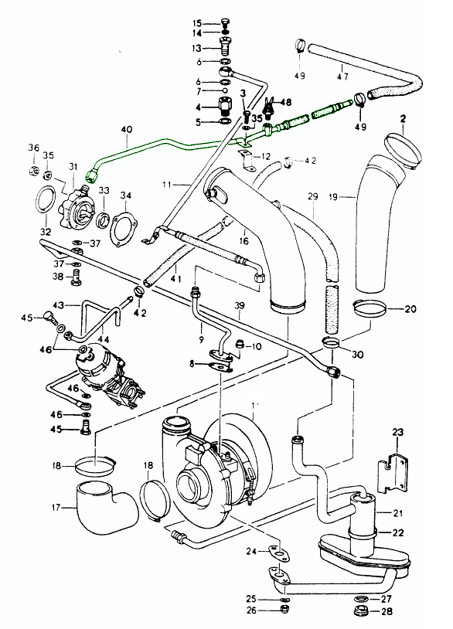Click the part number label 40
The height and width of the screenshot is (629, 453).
(126, 131)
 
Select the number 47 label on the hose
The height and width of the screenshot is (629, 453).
(342, 76)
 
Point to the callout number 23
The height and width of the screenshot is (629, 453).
(397, 432)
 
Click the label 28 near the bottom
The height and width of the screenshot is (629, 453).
(386, 612)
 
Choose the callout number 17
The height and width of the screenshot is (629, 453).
(56, 508)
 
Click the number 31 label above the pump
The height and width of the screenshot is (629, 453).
(73, 166)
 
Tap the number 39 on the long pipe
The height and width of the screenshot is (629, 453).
(239, 306)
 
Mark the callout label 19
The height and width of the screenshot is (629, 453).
(333, 197)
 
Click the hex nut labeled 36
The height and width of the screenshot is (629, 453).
(34, 171)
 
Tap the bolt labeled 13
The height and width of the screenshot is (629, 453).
(225, 47)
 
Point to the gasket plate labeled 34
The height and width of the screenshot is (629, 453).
(125, 229)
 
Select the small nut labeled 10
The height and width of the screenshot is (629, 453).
(240, 344)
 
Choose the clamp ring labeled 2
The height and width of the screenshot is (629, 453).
(404, 151)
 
